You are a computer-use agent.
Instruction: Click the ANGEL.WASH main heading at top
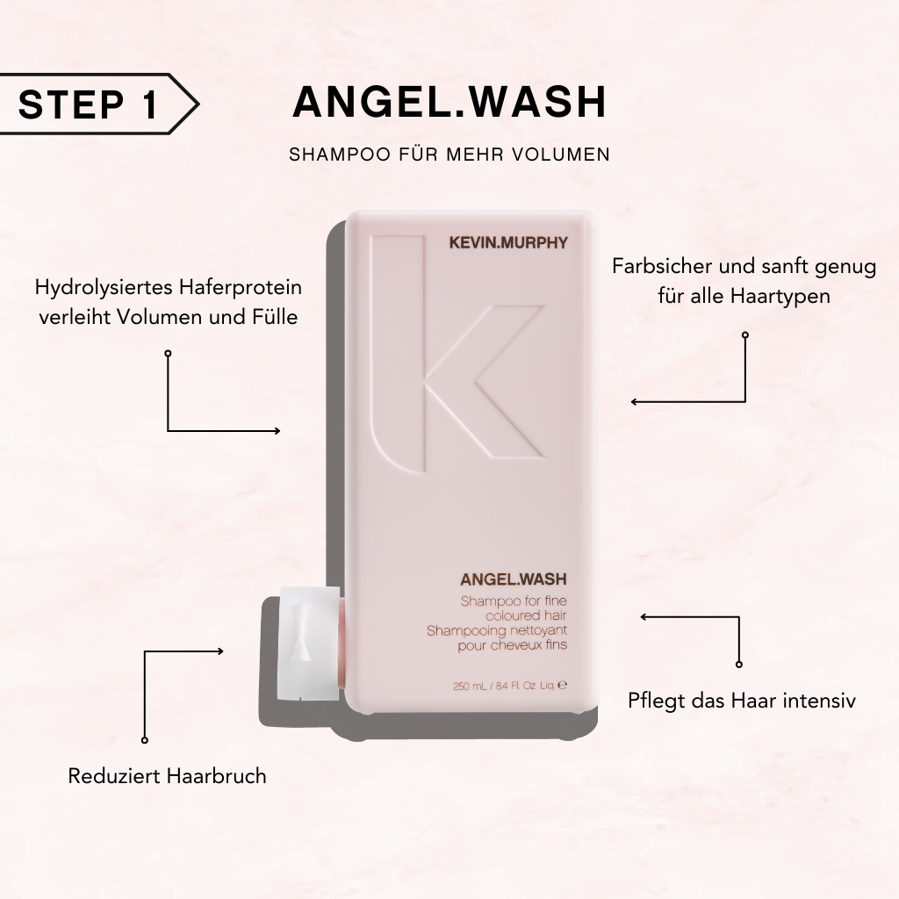[x=449, y=103]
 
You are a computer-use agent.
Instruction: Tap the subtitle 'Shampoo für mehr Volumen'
[x=449, y=155]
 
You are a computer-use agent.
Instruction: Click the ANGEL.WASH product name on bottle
[x=514, y=579]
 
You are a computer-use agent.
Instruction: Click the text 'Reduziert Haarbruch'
[x=167, y=776]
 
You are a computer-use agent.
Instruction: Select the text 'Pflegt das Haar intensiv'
[x=742, y=701]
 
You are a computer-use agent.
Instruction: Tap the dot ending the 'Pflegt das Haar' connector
[x=739, y=665]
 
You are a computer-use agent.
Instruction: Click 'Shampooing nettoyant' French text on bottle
[x=497, y=630]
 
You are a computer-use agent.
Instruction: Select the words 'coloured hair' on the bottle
[x=513, y=615]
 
